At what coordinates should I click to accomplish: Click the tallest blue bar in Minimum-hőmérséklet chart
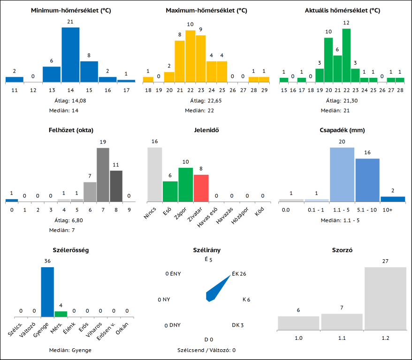[x=70, y=54]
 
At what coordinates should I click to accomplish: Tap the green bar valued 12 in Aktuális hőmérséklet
[x=346, y=55]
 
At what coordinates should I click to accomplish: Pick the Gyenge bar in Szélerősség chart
[x=47, y=292]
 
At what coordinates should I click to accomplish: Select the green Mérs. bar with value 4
[x=61, y=314]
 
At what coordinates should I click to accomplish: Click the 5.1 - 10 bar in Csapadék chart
[x=367, y=180]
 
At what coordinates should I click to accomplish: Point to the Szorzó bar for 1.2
[x=385, y=299]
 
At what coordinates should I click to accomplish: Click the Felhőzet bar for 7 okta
[x=103, y=174]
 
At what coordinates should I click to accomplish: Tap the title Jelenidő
[x=206, y=130]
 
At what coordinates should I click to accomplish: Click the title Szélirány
[x=206, y=250]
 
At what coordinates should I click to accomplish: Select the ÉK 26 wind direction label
[x=239, y=274]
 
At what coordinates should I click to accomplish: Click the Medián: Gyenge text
[x=70, y=350]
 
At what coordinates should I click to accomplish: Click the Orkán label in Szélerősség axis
[x=122, y=329]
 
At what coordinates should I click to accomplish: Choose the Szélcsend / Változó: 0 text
[x=206, y=350]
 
